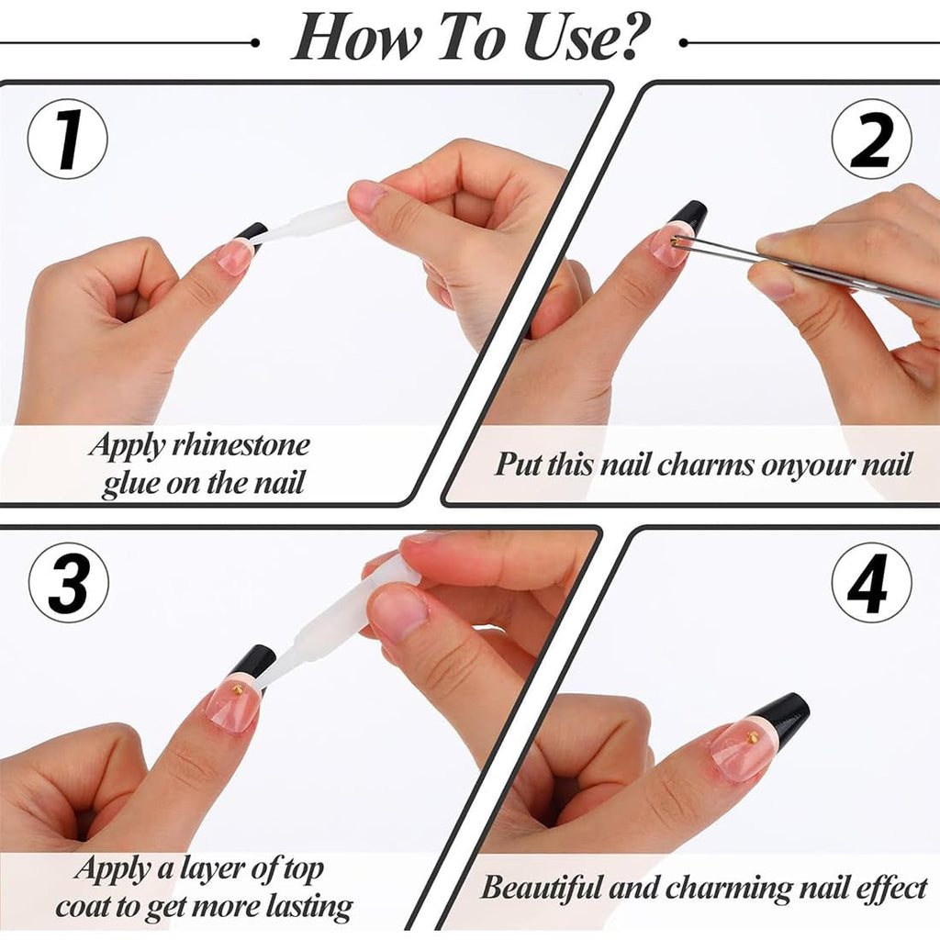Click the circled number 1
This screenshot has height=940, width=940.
click(x=68, y=140)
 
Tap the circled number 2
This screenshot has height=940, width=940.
click(x=871, y=140)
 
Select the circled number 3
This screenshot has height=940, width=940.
click(x=68, y=582)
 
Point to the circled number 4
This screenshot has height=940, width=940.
click(x=871, y=582)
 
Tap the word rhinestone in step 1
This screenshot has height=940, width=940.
click(x=241, y=445)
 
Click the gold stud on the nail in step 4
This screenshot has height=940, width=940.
click(x=752, y=735)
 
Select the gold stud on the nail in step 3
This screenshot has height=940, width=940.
click(x=238, y=690)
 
